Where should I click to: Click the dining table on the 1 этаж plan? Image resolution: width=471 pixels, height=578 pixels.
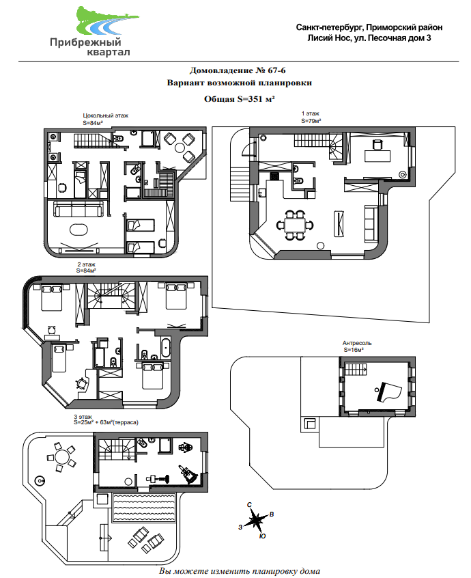click(x=295, y=224)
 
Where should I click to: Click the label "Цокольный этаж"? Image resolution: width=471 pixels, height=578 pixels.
click(x=105, y=116)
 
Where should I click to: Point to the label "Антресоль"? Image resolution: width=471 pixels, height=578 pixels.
click(x=357, y=343)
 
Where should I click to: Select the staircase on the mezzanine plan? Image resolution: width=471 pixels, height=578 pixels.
click(x=354, y=371)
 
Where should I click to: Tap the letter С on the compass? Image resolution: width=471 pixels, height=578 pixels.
click(x=251, y=505)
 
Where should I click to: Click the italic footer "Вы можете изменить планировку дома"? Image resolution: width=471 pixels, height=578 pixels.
click(x=239, y=570)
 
